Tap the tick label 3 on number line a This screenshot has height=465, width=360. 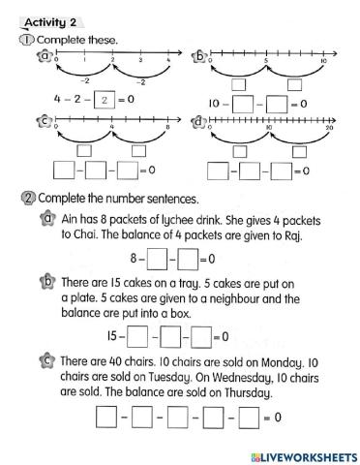[x=141, y=60]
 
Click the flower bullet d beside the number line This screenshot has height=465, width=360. [x=199, y=123]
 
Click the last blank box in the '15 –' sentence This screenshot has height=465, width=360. [x=200, y=336]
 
